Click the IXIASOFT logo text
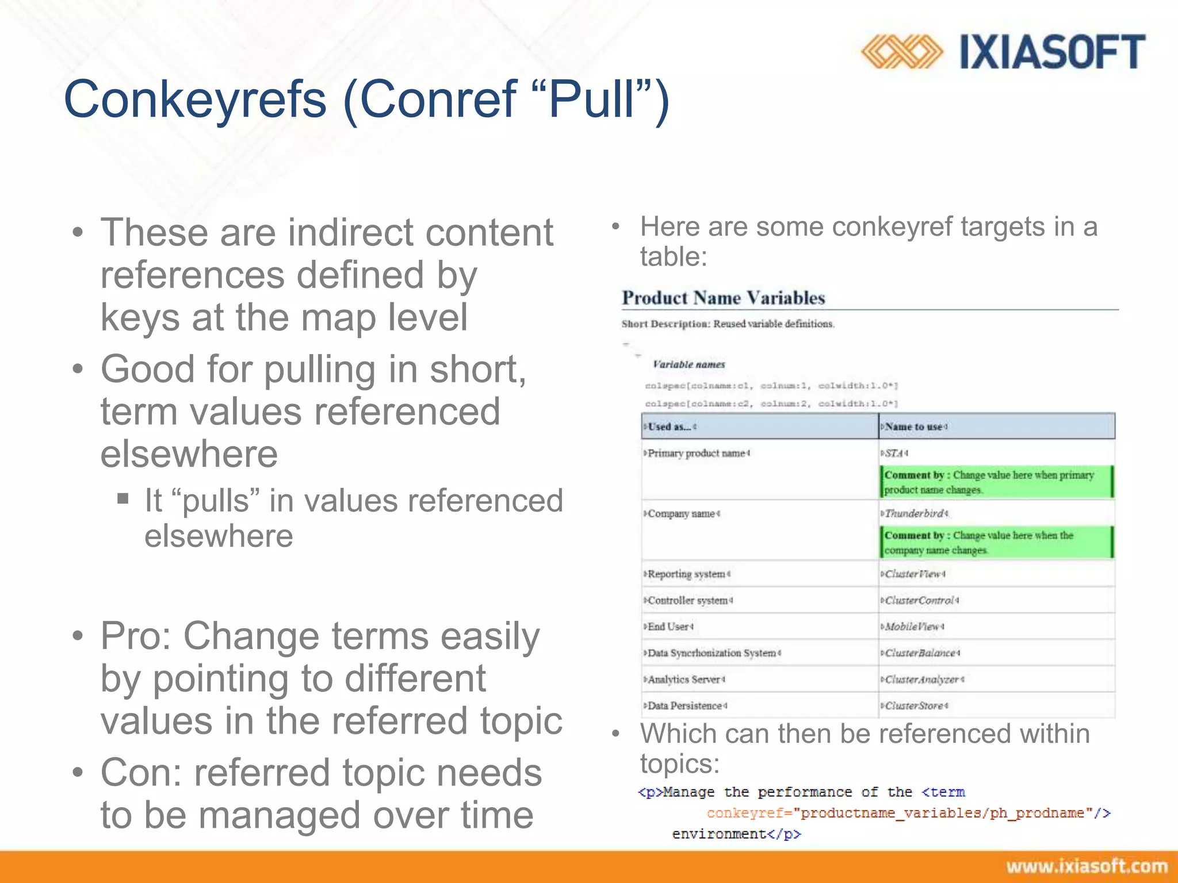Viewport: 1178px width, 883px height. pos(1052,52)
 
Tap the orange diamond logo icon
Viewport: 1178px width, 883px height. pos(901,52)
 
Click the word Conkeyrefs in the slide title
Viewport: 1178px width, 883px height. pos(196,99)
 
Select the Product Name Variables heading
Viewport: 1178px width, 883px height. pos(723,298)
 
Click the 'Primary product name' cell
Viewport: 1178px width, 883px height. pos(697,453)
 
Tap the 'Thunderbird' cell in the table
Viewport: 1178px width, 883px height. pos(915,513)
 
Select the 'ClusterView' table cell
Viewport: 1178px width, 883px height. pos(913,574)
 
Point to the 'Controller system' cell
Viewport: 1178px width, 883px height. pos(689,600)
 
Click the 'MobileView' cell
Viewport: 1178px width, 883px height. pos(913,627)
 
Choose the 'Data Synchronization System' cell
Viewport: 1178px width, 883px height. pos(712,653)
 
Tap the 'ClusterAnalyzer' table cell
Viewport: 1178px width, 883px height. pos(922,679)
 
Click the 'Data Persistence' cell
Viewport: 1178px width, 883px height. pos(685,705)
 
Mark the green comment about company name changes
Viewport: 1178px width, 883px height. pos(996,543)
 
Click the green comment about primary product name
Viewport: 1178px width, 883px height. pos(996,482)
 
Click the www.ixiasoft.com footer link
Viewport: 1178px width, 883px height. pos(1087,866)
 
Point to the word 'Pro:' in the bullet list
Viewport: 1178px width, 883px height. pos(136,636)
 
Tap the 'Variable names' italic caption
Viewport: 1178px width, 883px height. pos(689,364)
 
